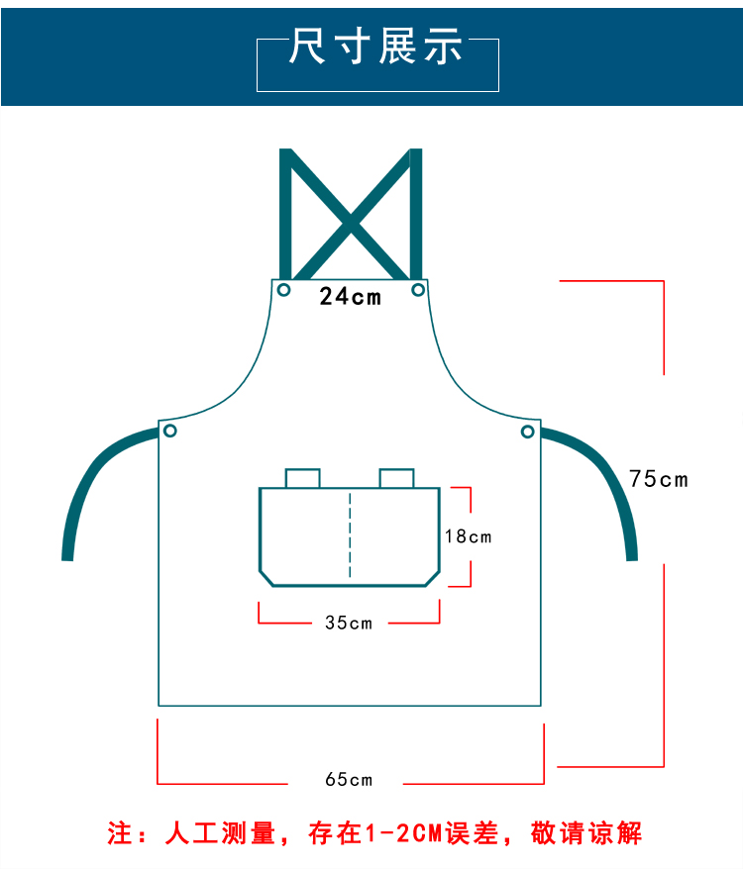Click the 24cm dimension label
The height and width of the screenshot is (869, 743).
click(350, 296)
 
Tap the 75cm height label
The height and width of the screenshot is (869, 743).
click(658, 479)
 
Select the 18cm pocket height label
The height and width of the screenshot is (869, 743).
click(468, 536)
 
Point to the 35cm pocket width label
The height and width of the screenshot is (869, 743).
click(349, 623)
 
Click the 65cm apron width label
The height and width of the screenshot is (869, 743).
click(349, 779)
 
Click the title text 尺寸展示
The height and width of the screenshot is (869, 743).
click(376, 47)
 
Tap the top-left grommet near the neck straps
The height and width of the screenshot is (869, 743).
click(284, 290)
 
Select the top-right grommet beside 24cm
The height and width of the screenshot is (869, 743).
click(418, 290)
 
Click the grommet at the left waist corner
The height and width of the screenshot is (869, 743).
click(170, 431)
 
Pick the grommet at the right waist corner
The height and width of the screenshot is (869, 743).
click(528, 431)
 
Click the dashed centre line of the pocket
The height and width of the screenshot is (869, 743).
click(350, 534)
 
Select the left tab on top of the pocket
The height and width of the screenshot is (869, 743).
click(303, 478)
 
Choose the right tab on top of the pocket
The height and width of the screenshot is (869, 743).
click(396, 478)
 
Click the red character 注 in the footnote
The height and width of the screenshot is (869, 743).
click(120, 833)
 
